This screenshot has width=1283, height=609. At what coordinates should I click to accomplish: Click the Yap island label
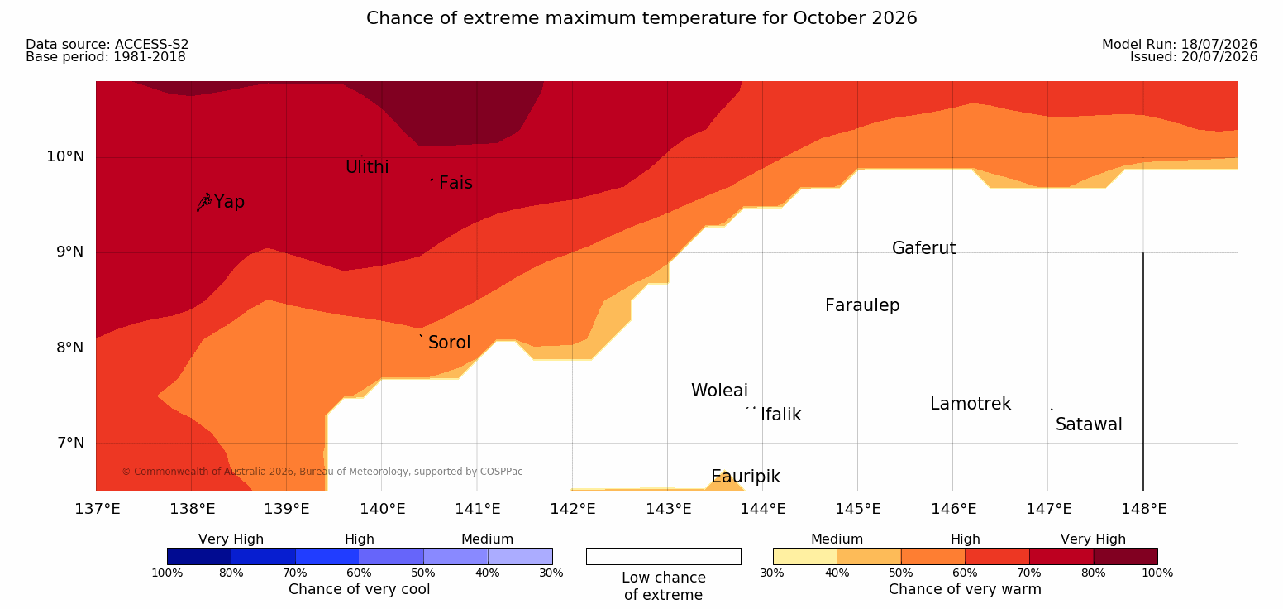229,202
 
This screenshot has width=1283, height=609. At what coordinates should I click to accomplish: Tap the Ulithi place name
367,167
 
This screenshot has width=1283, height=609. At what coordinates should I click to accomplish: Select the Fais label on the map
456,183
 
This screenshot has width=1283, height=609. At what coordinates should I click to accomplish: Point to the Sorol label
450,343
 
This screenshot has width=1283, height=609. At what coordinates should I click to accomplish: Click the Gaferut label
924,248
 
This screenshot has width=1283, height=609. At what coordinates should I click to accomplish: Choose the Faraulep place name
862,305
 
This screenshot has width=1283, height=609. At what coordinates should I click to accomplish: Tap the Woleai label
719,391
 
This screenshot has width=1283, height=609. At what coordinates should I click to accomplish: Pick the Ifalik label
781,415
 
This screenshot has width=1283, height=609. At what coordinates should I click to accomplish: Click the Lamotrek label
971,404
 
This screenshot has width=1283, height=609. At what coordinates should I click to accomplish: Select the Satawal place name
1089,424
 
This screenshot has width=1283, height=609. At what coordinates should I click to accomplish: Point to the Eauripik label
746,477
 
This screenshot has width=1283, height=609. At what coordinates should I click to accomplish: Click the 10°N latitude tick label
65,156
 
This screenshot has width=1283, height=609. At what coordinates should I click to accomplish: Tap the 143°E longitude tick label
669,509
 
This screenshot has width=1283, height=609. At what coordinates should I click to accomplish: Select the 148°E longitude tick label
1144,509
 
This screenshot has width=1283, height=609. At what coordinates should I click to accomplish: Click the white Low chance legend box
664,556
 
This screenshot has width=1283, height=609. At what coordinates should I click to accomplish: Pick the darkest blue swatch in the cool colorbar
199,556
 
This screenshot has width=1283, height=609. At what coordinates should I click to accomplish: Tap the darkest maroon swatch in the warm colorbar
1125,556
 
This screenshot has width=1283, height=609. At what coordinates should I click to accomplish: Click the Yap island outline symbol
204,203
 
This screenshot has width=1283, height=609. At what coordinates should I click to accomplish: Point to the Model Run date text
1180,44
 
